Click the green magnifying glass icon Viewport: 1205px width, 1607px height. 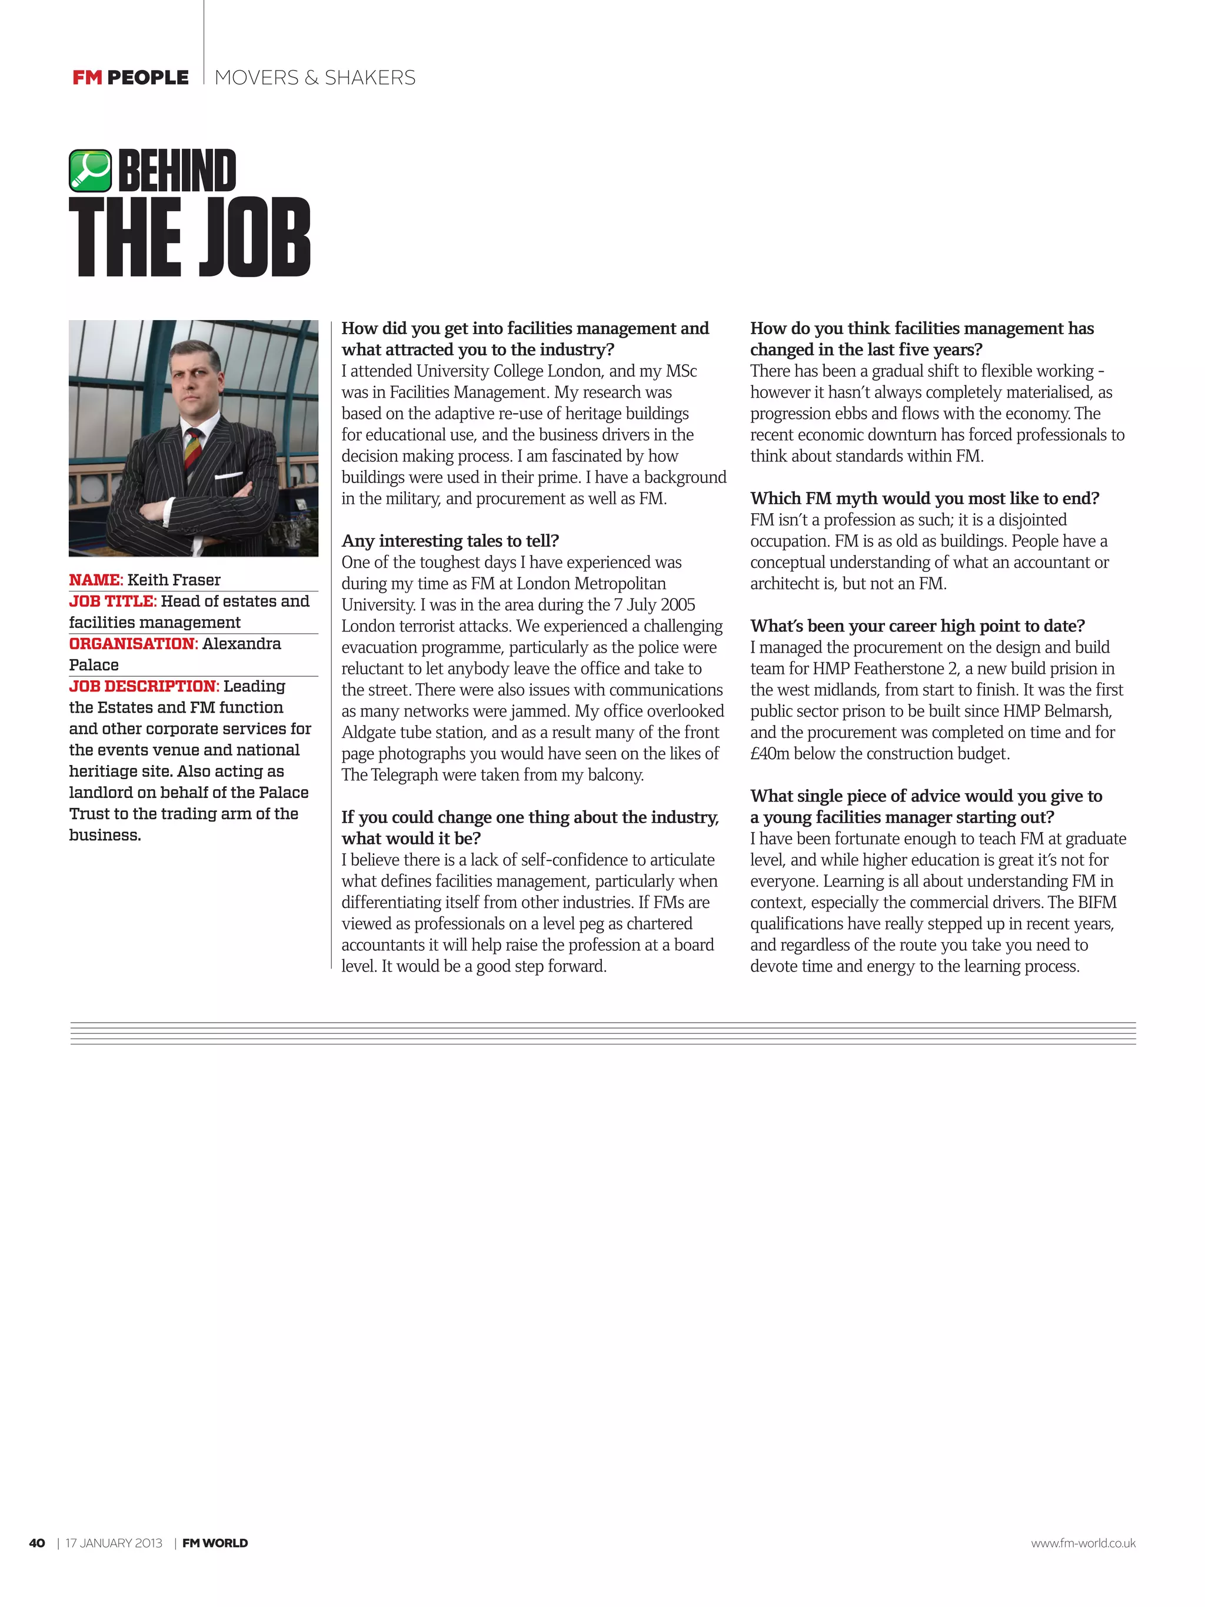click(90, 170)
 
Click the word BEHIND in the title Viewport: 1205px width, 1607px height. click(177, 171)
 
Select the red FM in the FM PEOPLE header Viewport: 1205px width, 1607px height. click(87, 78)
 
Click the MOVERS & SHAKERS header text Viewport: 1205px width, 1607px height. click(315, 78)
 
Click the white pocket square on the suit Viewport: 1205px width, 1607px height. click(228, 476)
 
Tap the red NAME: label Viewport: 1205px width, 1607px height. click(96, 580)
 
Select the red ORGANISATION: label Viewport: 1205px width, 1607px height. click(133, 644)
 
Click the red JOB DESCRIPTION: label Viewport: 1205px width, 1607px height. click(144, 687)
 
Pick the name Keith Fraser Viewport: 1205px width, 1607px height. click(174, 580)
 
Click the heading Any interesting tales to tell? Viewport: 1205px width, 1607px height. click(450, 541)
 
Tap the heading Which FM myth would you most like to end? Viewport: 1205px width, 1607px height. click(924, 498)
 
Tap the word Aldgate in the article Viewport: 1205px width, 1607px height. click(368, 733)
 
